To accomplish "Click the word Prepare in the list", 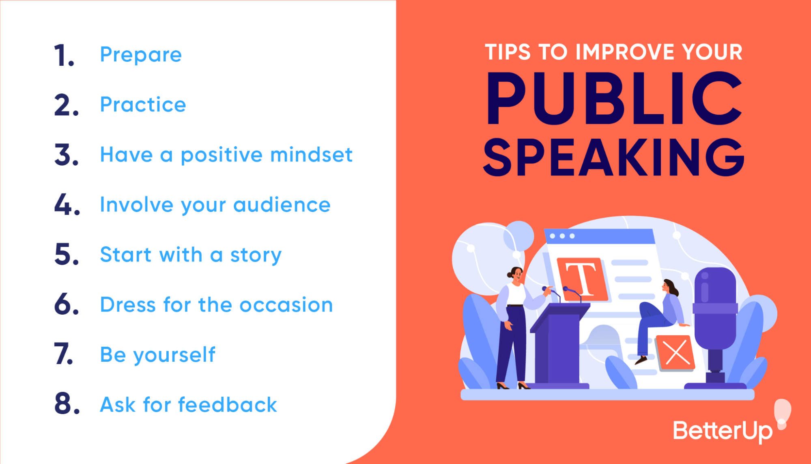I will (x=141, y=55).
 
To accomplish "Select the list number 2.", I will (x=66, y=105).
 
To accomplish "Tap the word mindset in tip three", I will (x=311, y=155).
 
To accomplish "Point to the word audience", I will (x=282, y=205).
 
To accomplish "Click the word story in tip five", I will (x=256, y=255).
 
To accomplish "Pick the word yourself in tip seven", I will (x=174, y=355).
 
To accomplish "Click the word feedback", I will (x=227, y=405).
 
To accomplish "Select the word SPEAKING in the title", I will (x=613, y=158).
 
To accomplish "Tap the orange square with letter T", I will (x=582, y=279).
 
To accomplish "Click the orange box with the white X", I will (x=676, y=352).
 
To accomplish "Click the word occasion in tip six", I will (x=286, y=305).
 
